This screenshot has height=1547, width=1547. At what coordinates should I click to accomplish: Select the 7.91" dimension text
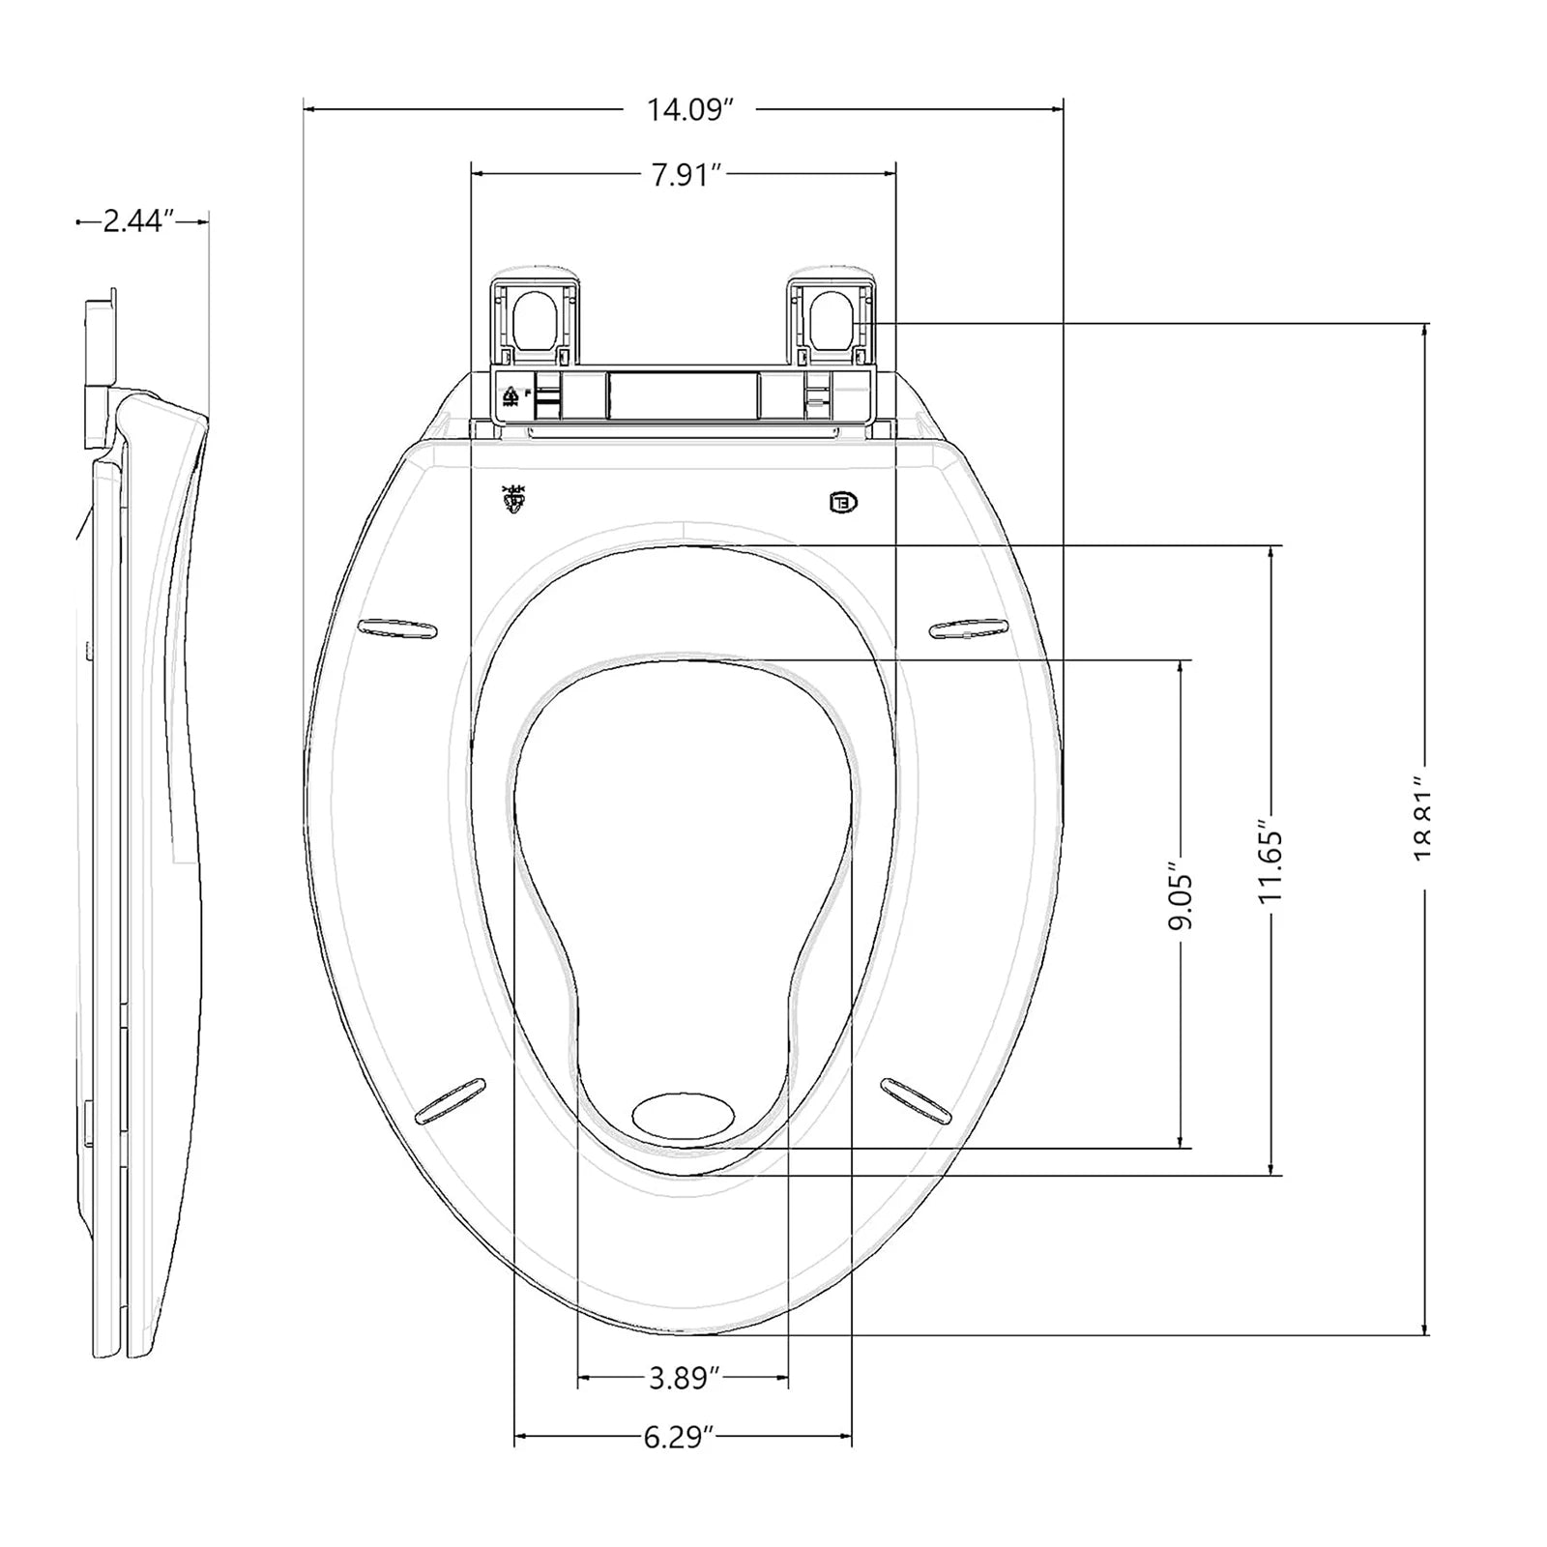pos(686,175)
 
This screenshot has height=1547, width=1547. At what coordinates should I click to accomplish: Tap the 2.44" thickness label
pos(137,221)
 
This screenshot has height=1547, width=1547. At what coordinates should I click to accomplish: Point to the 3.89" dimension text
pos(684,1378)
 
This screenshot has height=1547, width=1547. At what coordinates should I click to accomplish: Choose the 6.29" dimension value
pos(680,1438)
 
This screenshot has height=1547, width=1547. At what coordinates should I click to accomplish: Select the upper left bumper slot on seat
pos(396,628)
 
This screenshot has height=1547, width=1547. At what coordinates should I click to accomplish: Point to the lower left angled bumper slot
pos(449,1100)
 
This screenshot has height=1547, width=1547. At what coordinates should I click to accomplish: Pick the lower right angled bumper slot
pos(916,1099)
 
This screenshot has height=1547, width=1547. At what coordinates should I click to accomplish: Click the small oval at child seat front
pos(683,1116)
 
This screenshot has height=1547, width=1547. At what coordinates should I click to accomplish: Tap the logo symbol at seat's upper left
pos(513,499)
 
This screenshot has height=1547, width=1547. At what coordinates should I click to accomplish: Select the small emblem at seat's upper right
pos(843,502)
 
